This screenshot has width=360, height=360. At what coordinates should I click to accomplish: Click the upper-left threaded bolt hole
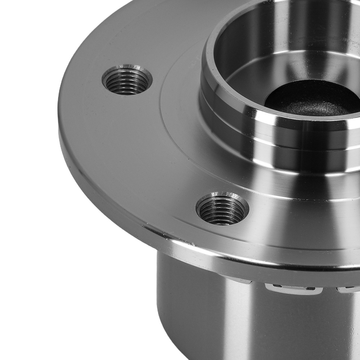tap(127, 80)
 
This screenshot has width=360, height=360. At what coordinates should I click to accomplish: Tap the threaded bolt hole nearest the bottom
tap(222, 208)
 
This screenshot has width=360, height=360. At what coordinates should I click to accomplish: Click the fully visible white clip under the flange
tap(292, 288)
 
